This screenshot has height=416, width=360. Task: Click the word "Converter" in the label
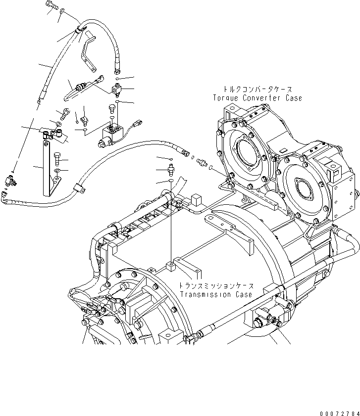[261, 98]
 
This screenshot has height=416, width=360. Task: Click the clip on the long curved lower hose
[78, 187]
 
